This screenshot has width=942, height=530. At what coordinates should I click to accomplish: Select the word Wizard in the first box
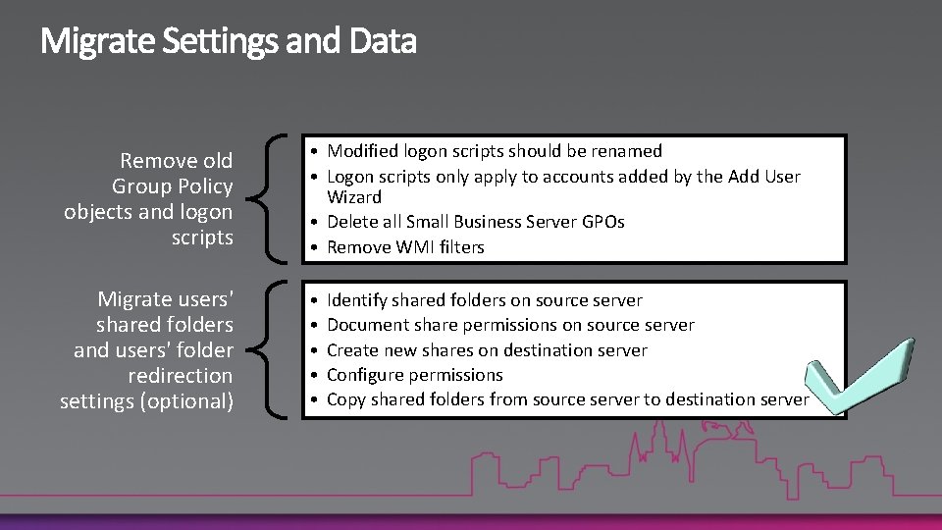[x=354, y=197]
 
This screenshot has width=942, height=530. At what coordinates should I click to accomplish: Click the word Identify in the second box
[x=356, y=300]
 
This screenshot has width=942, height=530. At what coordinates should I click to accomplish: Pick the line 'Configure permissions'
[x=414, y=375]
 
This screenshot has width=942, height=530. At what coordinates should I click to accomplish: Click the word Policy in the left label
[x=203, y=186]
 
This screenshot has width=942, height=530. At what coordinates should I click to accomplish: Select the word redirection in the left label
[x=180, y=375]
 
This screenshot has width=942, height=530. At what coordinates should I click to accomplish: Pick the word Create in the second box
[x=352, y=350]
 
